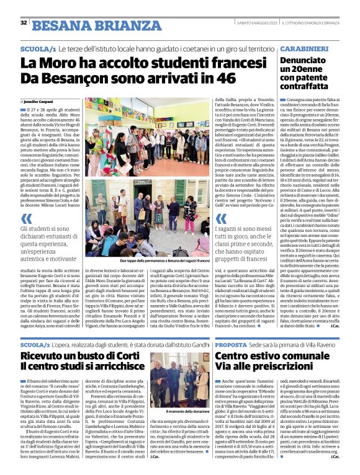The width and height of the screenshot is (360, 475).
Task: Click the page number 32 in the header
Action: [x=23, y=23]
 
